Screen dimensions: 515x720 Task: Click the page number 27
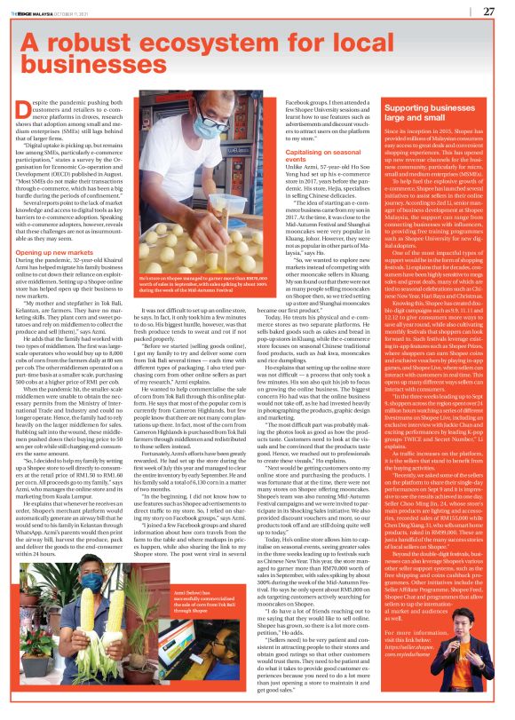488,11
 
